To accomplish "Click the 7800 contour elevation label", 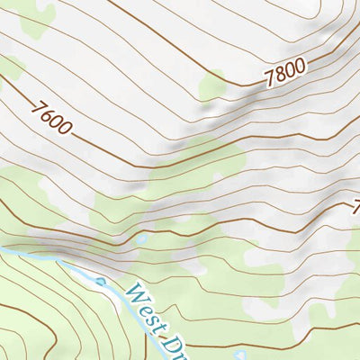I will pyautogui.click(x=286, y=72).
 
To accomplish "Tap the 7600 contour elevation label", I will pyautogui.click(x=51, y=118).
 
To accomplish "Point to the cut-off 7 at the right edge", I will pyautogui.click(x=355, y=205).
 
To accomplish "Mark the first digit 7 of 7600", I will pyautogui.click(x=38, y=107).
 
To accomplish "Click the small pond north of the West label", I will pyautogui.click(x=139, y=240).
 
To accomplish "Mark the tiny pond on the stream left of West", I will pyautogui.click(x=101, y=281).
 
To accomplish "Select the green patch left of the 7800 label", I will pyautogui.click(x=213, y=86).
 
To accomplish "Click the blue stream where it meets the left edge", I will pyautogui.click(x=3, y=249).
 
